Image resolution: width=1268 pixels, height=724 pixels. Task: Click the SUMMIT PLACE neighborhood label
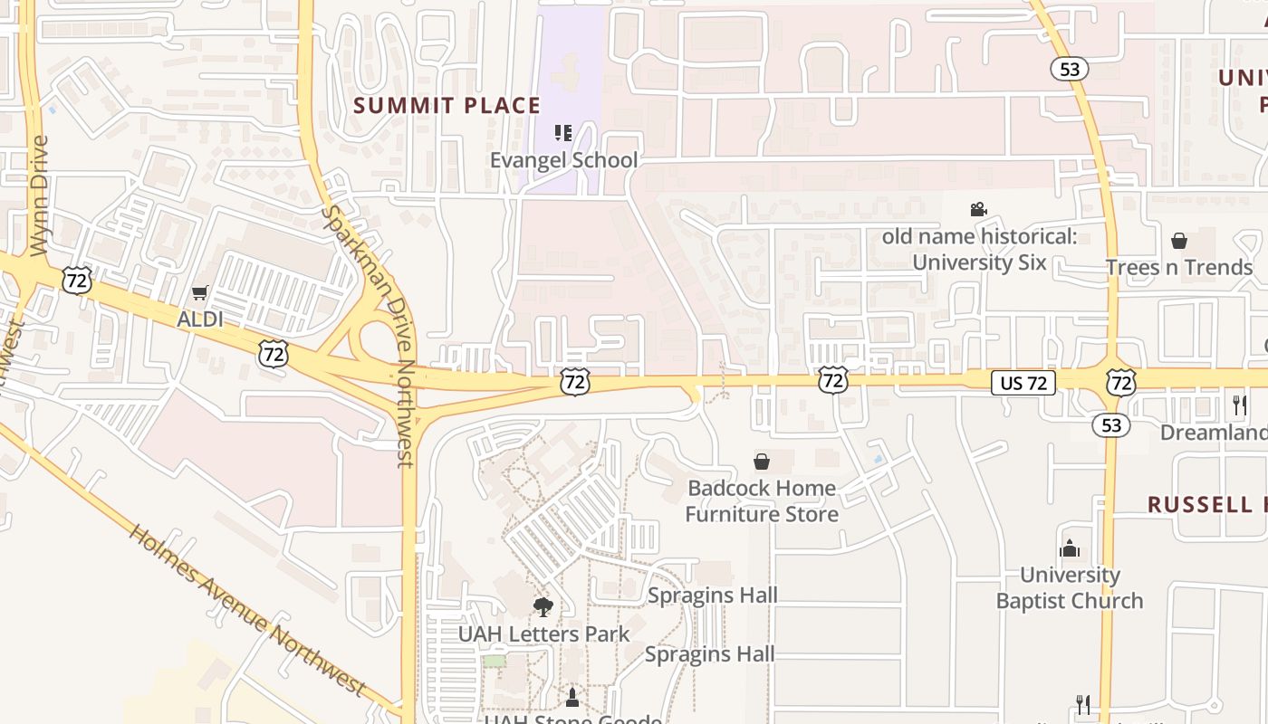(x=447, y=106)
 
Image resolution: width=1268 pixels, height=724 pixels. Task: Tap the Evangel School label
(x=563, y=160)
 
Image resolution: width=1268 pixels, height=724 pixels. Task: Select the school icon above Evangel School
(x=563, y=134)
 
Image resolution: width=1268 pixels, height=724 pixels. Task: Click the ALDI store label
(x=200, y=319)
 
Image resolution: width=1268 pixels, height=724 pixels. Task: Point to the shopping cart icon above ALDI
(x=200, y=293)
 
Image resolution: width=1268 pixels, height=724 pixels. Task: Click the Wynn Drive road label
(x=38, y=195)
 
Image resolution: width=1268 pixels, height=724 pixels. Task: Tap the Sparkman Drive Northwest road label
(x=369, y=335)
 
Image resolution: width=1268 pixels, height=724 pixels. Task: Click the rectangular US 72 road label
(x=1023, y=383)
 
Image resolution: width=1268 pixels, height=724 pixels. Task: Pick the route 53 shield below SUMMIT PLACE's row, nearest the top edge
(x=1070, y=69)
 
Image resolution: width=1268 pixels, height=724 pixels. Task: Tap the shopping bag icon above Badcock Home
(x=762, y=462)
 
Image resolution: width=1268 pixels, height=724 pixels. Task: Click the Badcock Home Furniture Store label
(x=762, y=501)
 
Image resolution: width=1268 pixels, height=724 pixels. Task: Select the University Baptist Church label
(x=1070, y=587)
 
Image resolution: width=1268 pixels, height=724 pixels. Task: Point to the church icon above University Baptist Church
(x=1070, y=548)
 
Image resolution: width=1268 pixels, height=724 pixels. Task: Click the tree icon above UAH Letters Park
(x=543, y=606)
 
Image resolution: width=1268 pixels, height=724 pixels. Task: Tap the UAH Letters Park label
(x=543, y=633)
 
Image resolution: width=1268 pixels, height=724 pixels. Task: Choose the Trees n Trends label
(x=1178, y=267)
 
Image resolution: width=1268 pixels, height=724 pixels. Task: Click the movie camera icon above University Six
(x=978, y=210)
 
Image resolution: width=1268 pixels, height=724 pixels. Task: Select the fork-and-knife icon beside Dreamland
(x=1240, y=405)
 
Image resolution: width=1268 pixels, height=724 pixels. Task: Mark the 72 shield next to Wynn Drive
(x=77, y=280)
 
